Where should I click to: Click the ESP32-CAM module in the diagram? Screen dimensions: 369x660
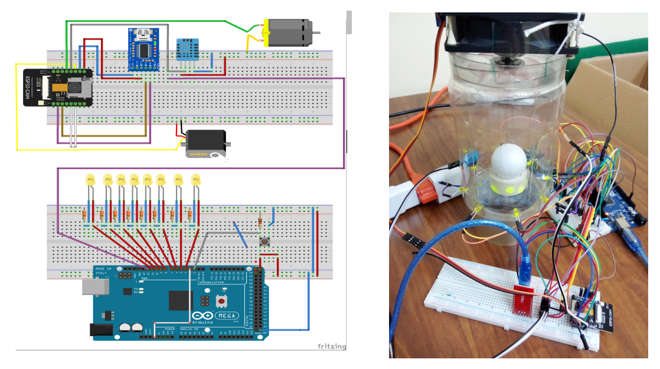58,88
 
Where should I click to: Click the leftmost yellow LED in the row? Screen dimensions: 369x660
90,180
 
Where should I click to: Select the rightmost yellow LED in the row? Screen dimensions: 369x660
195,180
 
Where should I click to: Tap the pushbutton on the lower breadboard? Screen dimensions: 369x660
265,242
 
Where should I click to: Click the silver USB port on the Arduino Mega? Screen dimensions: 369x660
96,287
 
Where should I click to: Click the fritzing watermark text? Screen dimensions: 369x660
331,347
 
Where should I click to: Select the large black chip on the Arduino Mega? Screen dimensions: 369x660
181,300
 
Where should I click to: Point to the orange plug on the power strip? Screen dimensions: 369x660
426,192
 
